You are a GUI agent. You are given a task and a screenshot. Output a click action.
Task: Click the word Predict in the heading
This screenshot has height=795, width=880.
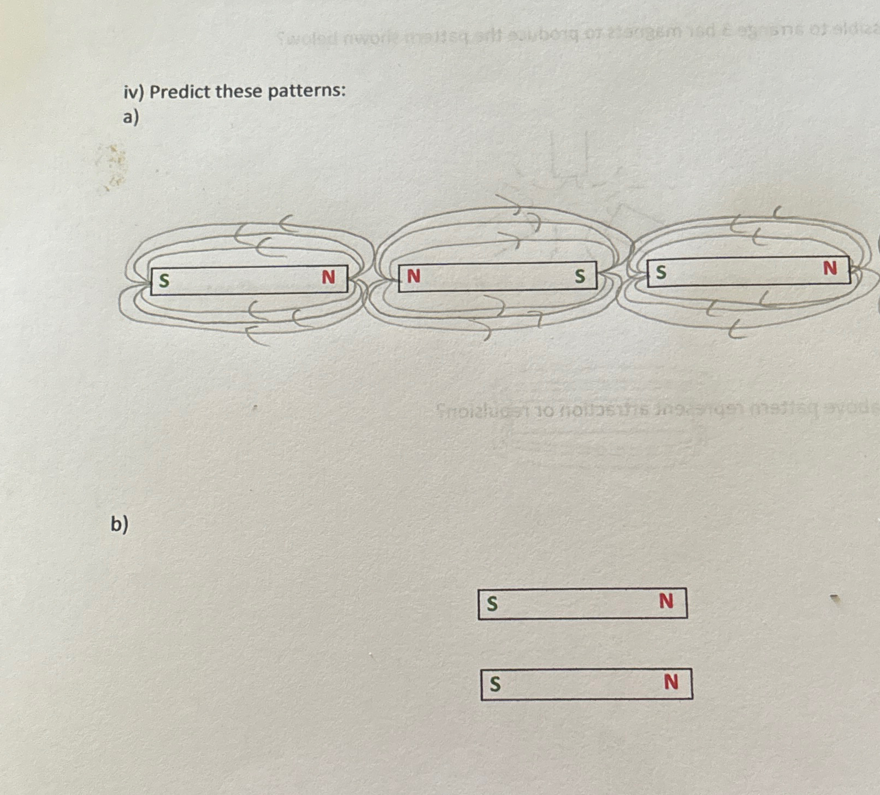click(180, 91)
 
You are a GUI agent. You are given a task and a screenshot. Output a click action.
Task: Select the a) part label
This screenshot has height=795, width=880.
click(131, 117)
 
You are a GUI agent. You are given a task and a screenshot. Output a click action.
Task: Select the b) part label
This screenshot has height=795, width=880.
click(119, 523)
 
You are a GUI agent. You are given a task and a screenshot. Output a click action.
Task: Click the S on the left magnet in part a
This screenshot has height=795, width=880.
click(164, 281)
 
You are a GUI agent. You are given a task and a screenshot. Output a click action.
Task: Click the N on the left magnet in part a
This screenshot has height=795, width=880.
click(328, 278)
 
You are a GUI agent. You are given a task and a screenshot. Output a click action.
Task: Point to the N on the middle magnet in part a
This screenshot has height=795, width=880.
click(414, 276)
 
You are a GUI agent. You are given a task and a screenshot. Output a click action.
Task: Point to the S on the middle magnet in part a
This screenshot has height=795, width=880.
click(580, 276)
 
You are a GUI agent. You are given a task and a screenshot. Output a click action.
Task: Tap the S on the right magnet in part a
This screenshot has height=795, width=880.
click(661, 272)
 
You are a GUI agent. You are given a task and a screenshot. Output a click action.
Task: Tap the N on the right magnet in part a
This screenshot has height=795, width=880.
click(830, 268)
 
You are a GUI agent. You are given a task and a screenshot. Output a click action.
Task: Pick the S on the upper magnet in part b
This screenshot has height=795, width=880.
click(492, 604)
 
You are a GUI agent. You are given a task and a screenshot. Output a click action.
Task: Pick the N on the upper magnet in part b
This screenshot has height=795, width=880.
click(666, 602)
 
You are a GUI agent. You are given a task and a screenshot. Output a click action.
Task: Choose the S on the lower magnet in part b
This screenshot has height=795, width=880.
click(495, 684)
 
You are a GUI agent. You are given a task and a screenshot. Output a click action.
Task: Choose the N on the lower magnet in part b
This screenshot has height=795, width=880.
click(671, 682)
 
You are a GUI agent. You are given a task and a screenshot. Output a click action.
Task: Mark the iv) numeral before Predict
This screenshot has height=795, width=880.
click(133, 92)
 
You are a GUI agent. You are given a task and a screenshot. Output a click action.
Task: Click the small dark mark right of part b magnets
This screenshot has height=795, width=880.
click(835, 599)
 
